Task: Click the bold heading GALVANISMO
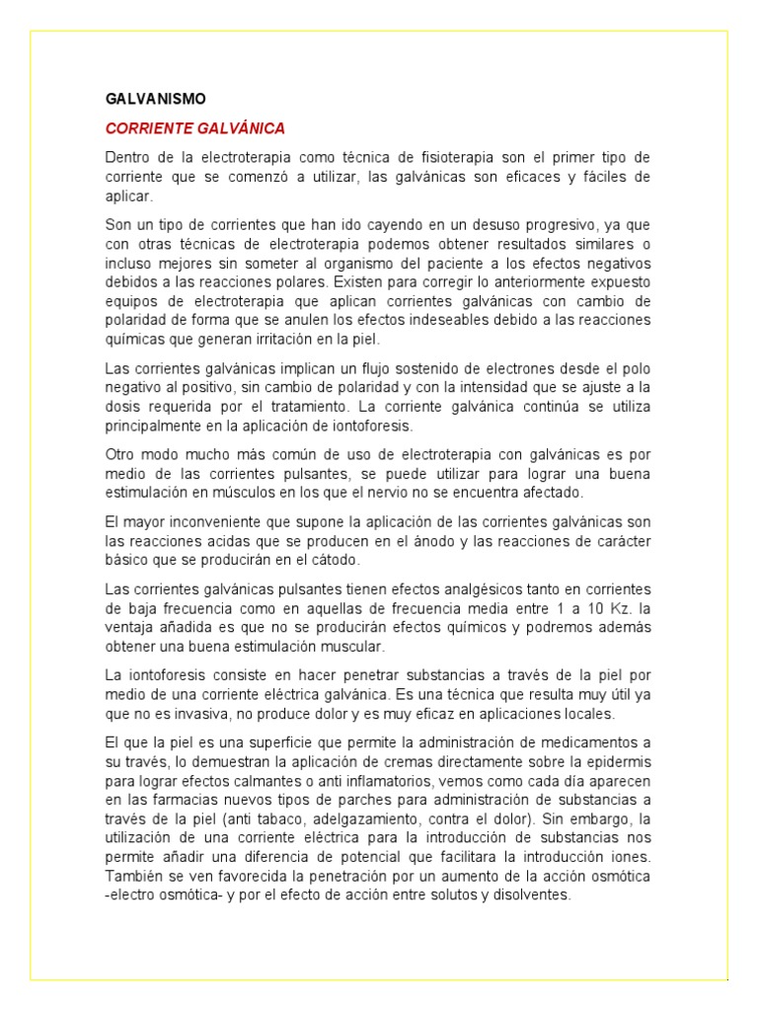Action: coord(155,100)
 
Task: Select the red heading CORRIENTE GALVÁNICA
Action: coord(194,128)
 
